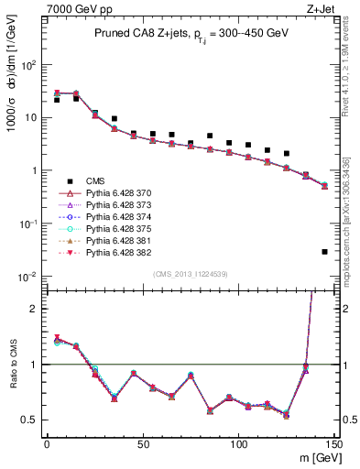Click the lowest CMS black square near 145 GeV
325,252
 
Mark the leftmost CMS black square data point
57,100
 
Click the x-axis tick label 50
142,442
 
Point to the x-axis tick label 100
238,442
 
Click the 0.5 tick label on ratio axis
31,420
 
